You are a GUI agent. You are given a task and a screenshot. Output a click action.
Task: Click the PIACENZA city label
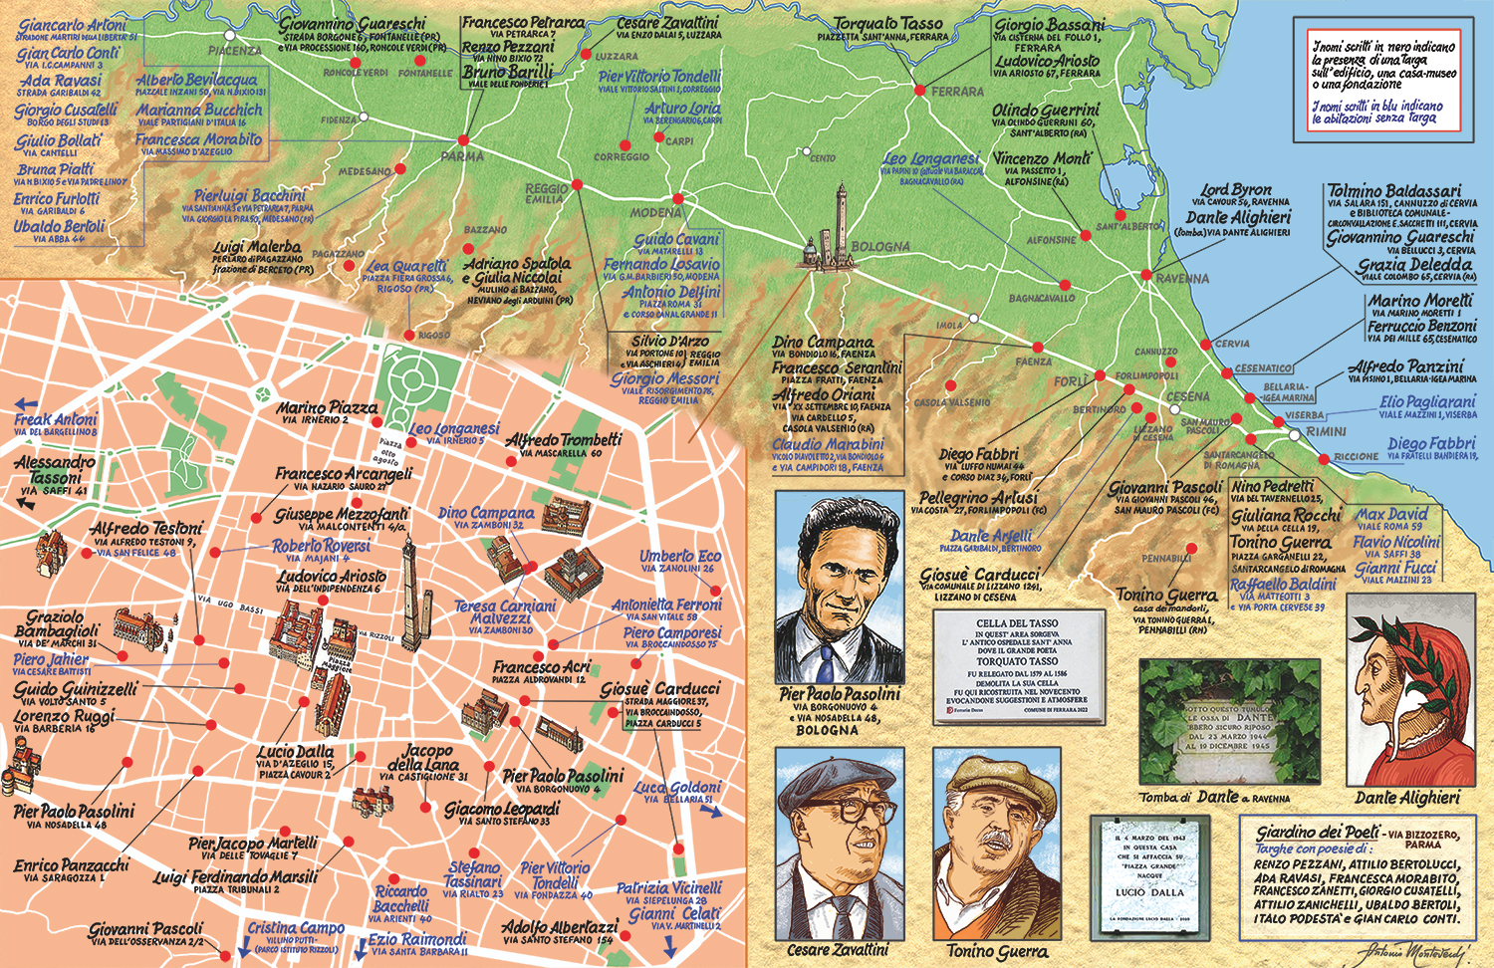[x=235, y=51]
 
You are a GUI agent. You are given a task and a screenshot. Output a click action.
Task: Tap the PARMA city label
[x=462, y=156]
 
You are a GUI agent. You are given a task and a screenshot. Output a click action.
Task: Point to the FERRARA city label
[x=957, y=92]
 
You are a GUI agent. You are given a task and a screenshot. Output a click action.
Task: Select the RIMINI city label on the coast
[x=1326, y=432]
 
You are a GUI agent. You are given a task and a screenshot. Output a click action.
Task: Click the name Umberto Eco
[x=679, y=557]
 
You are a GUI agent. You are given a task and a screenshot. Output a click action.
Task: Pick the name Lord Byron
[x=1235, y=189]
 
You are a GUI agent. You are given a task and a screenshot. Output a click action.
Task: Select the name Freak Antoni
[x=56, y=420]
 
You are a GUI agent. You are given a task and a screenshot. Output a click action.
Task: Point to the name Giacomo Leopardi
[x=502, y=809]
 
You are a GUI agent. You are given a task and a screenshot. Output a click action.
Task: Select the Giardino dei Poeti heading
[x=1317, y=833]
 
